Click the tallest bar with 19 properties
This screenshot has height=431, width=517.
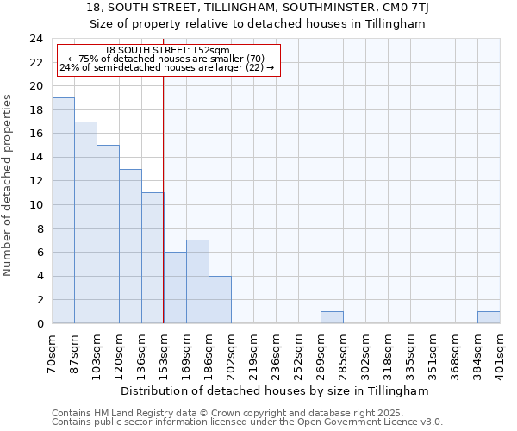coord(63,210)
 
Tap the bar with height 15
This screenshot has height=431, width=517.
coord(108,234)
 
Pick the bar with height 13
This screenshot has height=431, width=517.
coord(130,247)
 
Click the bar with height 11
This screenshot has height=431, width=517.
coord(153,258)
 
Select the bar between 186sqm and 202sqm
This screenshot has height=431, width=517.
coord(220,300)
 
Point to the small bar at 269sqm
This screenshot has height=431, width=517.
coord(332,317)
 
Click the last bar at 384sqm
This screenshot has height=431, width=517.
coord(489,317)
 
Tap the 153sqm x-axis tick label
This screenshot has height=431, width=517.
coord(165,351)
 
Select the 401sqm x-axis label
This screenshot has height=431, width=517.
coord(501,351)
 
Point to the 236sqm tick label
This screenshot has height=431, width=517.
coord(277,351)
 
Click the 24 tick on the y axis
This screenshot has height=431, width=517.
coord(35,39)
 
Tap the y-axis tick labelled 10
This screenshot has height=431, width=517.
coord(35,205)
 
